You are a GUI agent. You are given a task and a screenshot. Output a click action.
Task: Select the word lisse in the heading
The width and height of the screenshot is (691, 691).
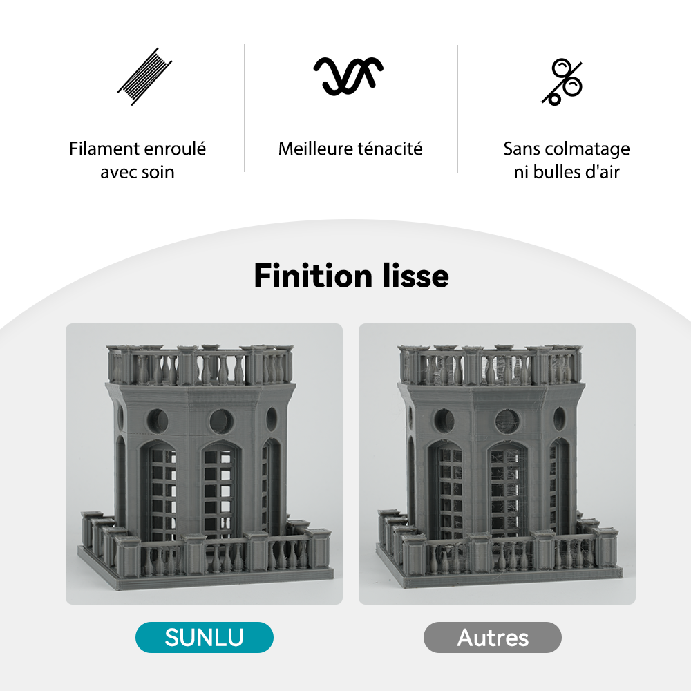point(415,276)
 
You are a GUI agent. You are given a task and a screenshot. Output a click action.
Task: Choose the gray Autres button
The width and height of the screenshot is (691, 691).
point(492,637)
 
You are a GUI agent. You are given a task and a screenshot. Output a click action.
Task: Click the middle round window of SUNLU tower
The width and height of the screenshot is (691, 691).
point(222,420)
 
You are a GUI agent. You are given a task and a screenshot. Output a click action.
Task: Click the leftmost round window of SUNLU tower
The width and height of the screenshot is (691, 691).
point(158,420)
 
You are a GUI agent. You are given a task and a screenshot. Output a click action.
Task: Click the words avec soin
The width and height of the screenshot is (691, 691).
point(137,172)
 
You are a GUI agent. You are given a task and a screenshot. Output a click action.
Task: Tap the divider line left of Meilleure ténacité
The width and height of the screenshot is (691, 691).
point(245,108)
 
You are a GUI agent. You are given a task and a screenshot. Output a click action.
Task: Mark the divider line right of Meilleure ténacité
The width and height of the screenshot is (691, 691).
point(457,108)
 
